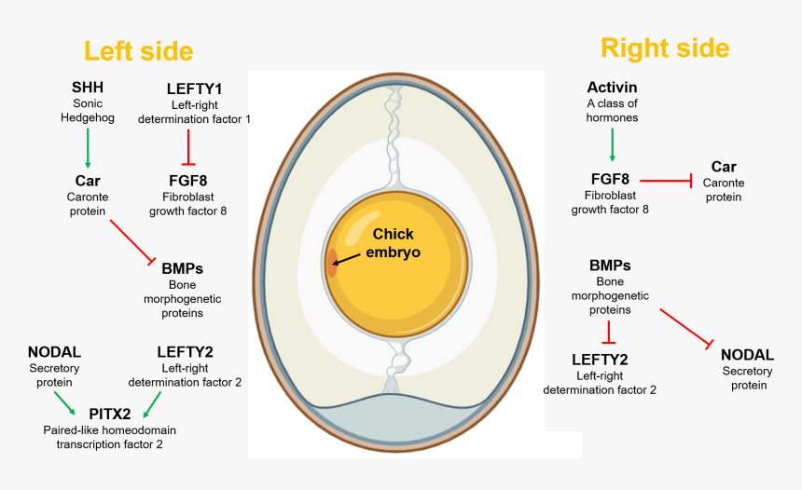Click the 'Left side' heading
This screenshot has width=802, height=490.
click(138, 50)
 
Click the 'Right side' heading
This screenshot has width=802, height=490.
click(664, 48)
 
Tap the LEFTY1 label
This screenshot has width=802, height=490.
click(194, 88)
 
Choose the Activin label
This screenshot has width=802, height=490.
click(612, 87)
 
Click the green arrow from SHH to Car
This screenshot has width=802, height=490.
click(88, 146)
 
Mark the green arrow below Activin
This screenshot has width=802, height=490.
click(612, 145)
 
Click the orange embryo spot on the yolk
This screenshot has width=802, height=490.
click(331, 263)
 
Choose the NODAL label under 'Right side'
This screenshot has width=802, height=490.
click(747, 355)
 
